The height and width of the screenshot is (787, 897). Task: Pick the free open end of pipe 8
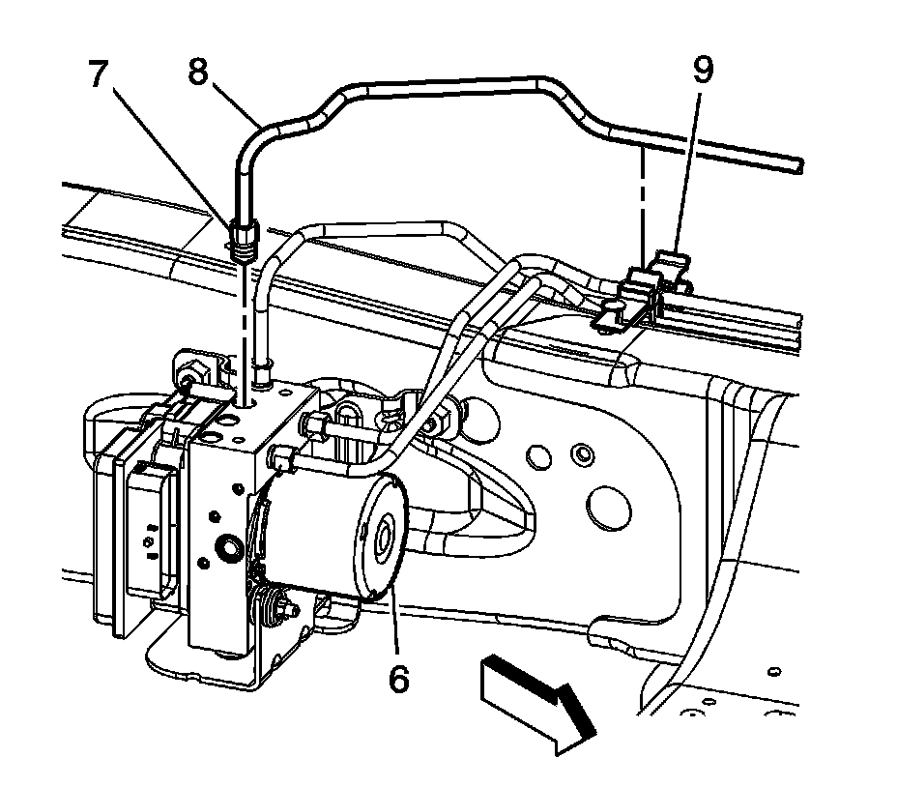798,166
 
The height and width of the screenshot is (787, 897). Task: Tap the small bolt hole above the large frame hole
583,452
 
